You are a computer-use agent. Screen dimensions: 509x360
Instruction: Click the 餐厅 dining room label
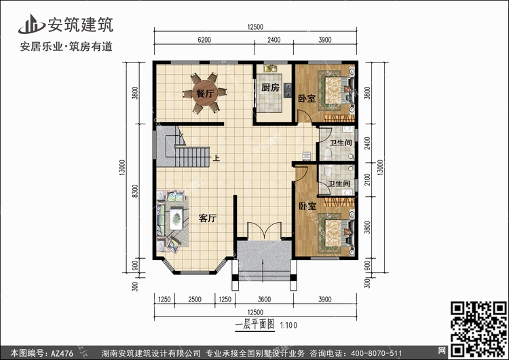click(205, 94)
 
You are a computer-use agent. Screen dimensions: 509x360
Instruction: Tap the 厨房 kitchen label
click(270, 88)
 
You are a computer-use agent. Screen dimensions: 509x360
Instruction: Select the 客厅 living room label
click(208, 218)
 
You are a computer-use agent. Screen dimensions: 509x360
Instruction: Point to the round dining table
click(205, 93)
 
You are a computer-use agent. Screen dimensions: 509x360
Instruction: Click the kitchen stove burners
click(288, 90)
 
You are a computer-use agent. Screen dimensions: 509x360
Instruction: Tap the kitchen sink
click(270, 69)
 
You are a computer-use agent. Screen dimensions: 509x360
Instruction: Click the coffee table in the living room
click(176, 218)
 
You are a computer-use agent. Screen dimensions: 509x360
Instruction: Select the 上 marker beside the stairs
click(216, 158)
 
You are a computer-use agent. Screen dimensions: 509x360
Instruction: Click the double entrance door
click(264, 231)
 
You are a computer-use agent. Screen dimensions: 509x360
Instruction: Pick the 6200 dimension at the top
click(204, 40)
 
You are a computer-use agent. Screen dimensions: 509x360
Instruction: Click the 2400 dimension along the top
click(274, 40)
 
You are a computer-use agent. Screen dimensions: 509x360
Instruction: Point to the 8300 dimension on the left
click(135, 191)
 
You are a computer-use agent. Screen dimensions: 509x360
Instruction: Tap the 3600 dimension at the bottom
click(264, 300)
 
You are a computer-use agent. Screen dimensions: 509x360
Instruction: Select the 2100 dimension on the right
click(367, 179)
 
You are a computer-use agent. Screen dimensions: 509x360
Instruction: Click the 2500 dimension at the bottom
click(195, 300)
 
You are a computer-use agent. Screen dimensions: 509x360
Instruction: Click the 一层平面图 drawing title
click(254, 324)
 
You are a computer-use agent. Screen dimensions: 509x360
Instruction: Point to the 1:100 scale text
click(288, 325)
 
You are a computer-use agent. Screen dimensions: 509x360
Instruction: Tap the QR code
click(478, 329)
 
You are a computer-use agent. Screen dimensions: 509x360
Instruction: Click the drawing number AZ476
click(62, 353)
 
